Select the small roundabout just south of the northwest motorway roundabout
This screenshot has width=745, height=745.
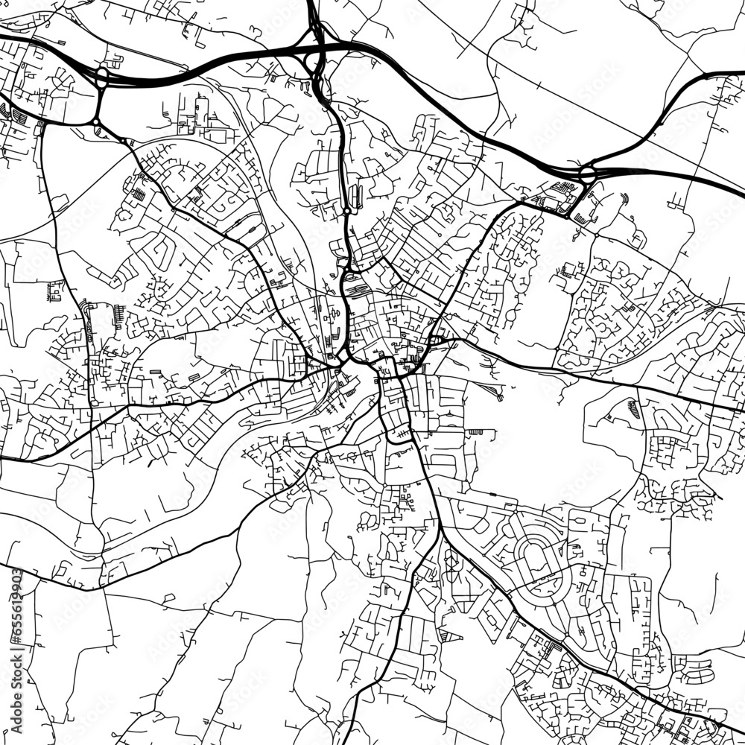tap(97, 121)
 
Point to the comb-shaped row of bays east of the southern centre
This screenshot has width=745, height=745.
tap(477, 432)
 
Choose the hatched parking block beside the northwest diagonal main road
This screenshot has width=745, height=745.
tap(139, 194)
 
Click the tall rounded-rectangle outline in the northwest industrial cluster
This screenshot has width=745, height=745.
tap(200, 112)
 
